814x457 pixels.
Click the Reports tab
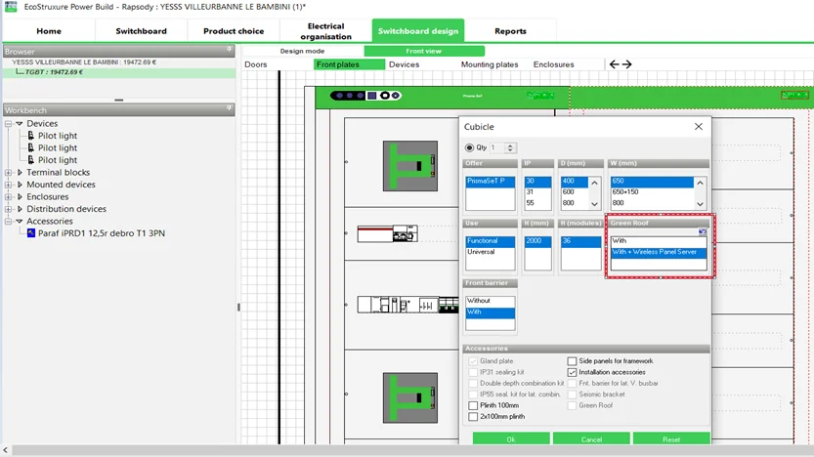click(510, 31)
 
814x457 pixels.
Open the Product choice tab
click(234, 31)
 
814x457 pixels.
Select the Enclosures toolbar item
click(553, 64)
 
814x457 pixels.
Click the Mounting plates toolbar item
click(490, 64)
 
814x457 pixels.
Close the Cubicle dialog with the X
click(698, 127)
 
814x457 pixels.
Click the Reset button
click(670, 439)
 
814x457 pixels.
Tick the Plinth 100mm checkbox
click(474, 405)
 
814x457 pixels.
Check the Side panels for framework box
click(573, 361)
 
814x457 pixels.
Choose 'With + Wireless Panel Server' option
click(655, 252)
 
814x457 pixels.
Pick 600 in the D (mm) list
click(570, 192)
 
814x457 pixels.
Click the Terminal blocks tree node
click(58, 173)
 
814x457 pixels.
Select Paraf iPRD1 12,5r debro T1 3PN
click(101, 233)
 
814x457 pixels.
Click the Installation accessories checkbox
click(573, 372)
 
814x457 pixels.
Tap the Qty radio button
click(470, 147)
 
